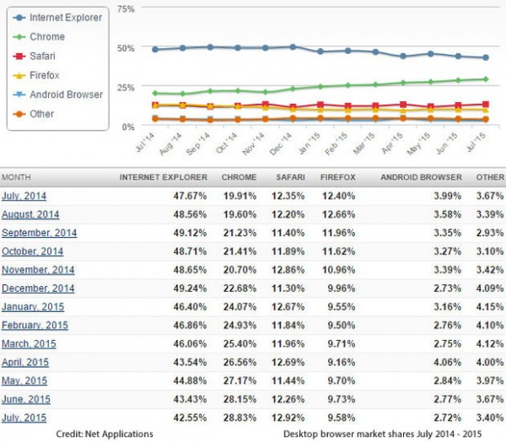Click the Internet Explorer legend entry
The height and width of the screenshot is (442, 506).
point(66,17)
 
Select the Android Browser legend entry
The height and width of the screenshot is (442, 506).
point(65,94)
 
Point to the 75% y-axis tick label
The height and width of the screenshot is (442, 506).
point(124,8)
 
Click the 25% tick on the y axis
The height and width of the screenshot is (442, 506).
point(124,87)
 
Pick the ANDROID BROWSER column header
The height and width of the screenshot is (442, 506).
point(422,178)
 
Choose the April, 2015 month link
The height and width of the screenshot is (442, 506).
point(25,362)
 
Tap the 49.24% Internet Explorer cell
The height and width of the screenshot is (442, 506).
point(191,288)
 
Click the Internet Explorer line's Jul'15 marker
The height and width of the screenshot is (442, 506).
point(484,58)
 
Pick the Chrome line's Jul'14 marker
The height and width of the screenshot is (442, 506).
point(155,93)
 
